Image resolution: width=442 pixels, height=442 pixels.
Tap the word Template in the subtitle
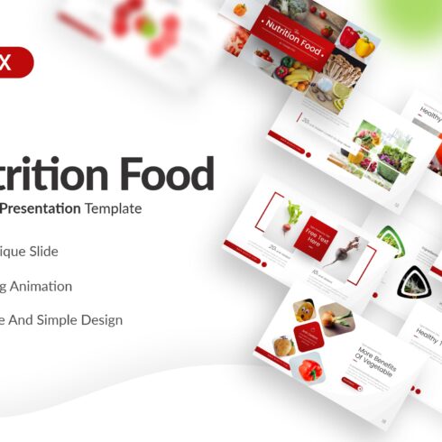pyautogui.click(x=114, y=208)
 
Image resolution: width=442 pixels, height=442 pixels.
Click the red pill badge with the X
pyautogui.click(x=16, y=62)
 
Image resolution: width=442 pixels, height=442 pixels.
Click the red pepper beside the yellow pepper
pyautogui.click(x=347, y=35)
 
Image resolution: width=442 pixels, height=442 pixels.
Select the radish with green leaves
pyautogui.click(x=293, y=216)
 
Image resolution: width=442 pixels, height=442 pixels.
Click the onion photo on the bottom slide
pyautogui.click(x=336, y=318)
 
